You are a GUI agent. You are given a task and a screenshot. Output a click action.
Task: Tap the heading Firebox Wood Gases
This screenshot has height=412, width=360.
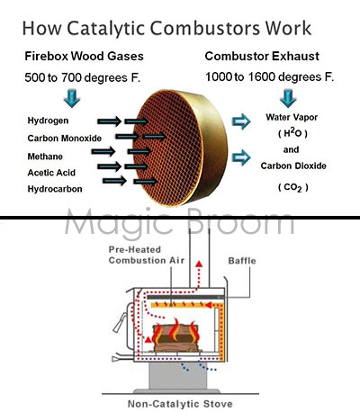(84, 57)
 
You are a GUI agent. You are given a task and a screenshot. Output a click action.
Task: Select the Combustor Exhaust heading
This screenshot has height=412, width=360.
(262, 57)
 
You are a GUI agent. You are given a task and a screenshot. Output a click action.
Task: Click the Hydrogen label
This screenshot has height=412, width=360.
(48, 121)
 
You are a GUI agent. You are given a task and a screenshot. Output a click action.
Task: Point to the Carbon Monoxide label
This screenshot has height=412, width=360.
(65, 139)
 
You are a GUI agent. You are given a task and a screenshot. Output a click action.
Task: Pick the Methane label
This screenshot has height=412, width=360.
(45, 157)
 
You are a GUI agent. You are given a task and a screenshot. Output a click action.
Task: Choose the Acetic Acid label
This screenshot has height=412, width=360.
(51, 173)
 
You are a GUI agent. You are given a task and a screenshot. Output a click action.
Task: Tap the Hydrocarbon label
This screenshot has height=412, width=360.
(55, 189)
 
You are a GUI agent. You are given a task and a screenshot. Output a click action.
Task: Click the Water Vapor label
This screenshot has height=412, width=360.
(292, 117)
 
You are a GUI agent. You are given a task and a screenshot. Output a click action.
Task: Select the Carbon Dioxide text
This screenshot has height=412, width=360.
(293, 166)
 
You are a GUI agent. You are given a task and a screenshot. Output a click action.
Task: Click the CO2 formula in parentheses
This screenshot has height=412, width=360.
(292, 188)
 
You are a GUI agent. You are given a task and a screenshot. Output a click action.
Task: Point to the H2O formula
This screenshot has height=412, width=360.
(292, 133)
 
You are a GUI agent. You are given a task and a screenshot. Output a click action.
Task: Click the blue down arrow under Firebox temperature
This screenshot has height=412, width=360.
(72, 98)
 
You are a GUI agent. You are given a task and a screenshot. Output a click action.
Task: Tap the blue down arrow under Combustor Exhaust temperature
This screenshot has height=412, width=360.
(288, 98)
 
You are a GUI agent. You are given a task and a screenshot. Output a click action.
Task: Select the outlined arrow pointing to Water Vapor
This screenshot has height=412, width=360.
(241, 121)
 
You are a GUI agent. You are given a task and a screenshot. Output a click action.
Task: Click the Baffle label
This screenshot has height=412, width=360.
(242, 261)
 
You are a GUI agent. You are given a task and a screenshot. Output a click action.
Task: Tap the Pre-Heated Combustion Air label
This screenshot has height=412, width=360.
(147, 255)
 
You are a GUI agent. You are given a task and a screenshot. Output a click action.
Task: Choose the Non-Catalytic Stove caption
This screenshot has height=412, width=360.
(180, 404)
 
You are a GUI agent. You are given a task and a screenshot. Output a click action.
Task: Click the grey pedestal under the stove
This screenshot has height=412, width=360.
(177, 376)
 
